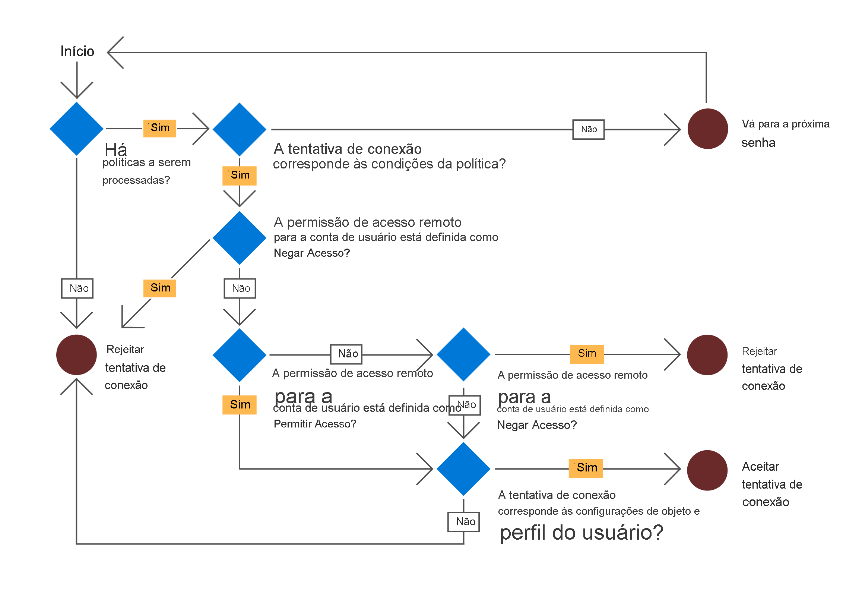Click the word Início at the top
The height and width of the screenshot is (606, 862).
pos(77,51)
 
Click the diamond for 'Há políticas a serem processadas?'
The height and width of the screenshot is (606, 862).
pos(77,129)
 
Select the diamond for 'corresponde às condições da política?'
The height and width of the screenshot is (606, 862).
pos(240,130)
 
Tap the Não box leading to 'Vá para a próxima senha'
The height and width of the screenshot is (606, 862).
pos(588,130)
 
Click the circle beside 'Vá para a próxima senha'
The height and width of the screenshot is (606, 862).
pos(708,129)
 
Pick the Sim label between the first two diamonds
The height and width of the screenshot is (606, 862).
pos(159,128)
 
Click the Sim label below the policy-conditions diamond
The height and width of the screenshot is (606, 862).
pos(240,176)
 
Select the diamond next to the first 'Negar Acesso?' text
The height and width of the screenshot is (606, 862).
pos(240,238)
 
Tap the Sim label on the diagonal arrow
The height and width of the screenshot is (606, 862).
pos(160,288)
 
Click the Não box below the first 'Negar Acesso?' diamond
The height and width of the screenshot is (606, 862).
pos(240,288)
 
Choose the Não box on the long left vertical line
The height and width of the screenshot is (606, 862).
pos(77,288)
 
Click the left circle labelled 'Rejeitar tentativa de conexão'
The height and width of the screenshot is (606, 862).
pos(77,355)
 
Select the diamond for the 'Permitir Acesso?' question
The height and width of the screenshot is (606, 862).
pos(240,356)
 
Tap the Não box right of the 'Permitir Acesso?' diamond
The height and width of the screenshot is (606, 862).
pos(346,354)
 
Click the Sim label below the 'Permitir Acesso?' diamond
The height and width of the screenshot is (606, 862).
pos(240,405)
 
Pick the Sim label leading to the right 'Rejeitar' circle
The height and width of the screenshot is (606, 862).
pos(587,354)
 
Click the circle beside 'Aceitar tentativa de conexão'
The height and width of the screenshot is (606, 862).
pos(707,470)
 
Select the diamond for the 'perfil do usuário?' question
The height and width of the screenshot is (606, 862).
pos(464,469)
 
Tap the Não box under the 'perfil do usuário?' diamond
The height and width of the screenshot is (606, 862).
pos(464,521)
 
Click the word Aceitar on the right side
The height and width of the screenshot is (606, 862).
pos(760,467)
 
